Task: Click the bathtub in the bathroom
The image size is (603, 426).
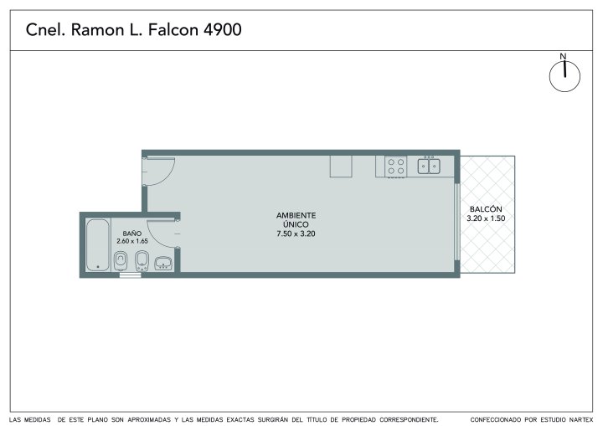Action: pos(98,245)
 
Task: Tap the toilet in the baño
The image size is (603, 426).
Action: pos(121,260)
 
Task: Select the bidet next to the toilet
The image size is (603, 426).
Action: pos(142,260)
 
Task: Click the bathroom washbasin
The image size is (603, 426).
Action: pos(164,264)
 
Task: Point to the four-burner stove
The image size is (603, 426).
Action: pos(395,167)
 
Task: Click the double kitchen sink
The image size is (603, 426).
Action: pos(429,166)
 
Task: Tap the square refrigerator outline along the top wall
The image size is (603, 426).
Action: pos(341,167)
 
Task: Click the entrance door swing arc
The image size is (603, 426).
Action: pos(168,176)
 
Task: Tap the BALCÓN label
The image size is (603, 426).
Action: pos(486,209)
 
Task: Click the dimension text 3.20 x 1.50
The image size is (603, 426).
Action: pos(486,218)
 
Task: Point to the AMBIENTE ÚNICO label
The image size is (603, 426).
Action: pos(296,220)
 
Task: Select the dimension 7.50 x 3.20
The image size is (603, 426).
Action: pos(296,234)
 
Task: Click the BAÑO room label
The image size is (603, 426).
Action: pos(132,234)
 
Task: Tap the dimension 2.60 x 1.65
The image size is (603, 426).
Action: pos(132,241)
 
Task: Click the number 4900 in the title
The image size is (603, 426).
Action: pos(222,29)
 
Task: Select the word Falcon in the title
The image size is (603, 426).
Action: pos(173,29)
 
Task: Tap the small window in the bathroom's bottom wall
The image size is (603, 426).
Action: pos(131,275)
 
